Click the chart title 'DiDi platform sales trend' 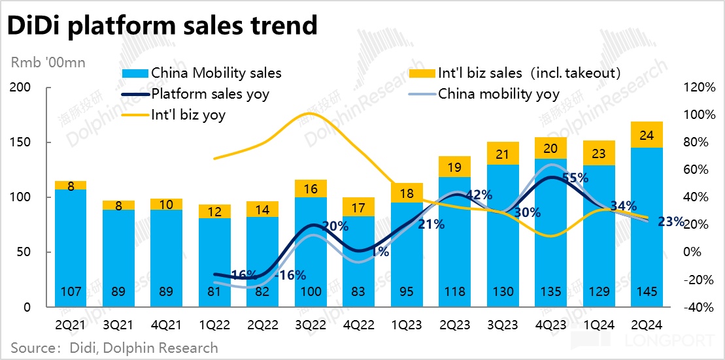pyautogui.click(x=162, y=25)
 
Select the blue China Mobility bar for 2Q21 pyautogui.click(x=71, y=248)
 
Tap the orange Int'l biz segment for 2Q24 pyautogui.click(x=647, y=135)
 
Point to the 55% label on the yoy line pyautogui.click(x=575, y=178)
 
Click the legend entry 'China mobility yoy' pyautogui.click(x=498, y=94)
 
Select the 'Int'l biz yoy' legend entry pyautogui.click(x=188, y=115)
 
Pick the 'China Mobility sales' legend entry pyautogui.click(x=216, y=73)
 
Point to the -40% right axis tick pyautogui.click(x=698, y=307)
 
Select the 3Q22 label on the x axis pyautogui.click(x=311, y=323)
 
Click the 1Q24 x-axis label pyautogui.click(x=599, y=323)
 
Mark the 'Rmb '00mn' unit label pyautogui.click(x=48, y=63)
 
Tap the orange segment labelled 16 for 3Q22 pyautogui.click(x=311, y=189)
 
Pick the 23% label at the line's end pyautogui.click(x=671, y=221)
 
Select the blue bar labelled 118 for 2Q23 pyautogui.click(x=455, y=242)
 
